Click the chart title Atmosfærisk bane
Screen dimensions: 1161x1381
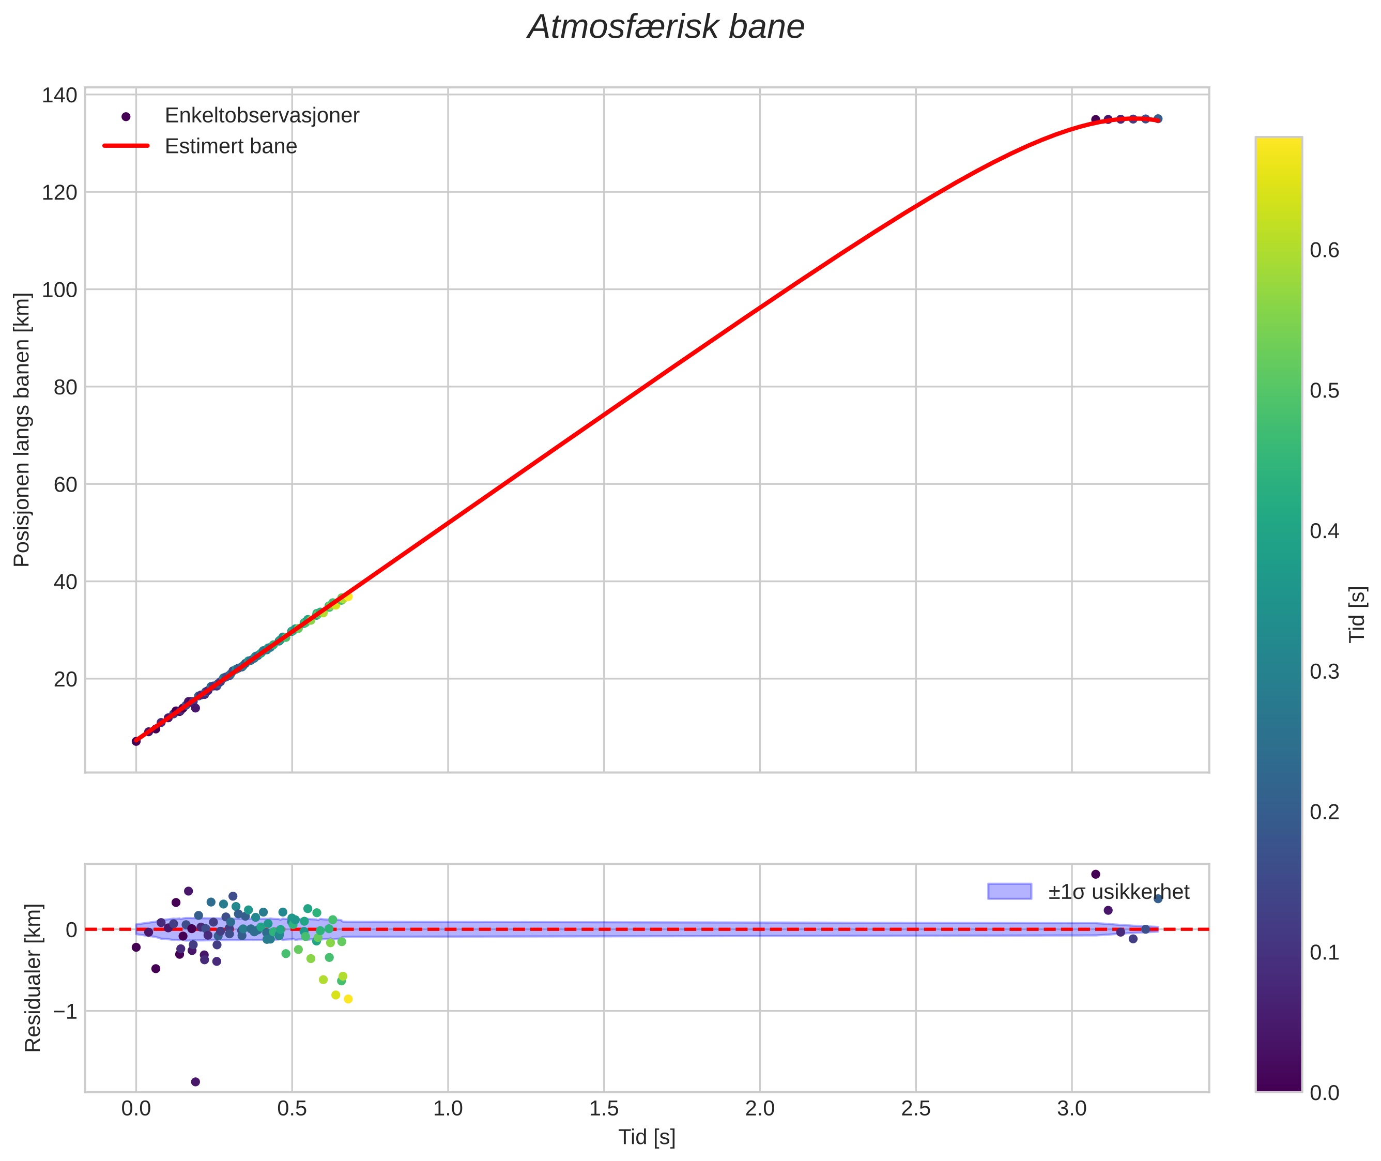[x=666, y=27]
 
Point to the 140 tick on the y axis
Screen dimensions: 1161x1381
[x=59, y=96]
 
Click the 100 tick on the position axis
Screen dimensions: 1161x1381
[x=59, y=289]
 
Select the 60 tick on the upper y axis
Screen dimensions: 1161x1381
[x=65, y=484]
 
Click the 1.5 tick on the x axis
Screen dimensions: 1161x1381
[x=604, y=1109]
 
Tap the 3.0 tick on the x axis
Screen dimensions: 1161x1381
[x=1072, y=1109]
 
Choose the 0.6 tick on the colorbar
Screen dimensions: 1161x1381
[x=1324, y=251]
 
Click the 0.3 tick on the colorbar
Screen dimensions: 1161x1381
[x=1324, y=672]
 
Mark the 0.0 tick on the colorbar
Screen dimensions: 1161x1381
[x=1324, y=1093]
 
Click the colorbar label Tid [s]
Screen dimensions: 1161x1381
[x=1357, y=614]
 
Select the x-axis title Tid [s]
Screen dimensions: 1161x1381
[x=647, y=1137]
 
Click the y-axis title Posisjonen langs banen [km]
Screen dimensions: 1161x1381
[x=22, y=430]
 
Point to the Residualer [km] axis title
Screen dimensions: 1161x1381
[x=33, y=977]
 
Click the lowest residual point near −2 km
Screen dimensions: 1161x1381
[x=195, y=1082]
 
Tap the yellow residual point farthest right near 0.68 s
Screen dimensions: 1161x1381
[x=348, y=999]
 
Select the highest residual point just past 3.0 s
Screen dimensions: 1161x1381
[x=1096, y=874]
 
